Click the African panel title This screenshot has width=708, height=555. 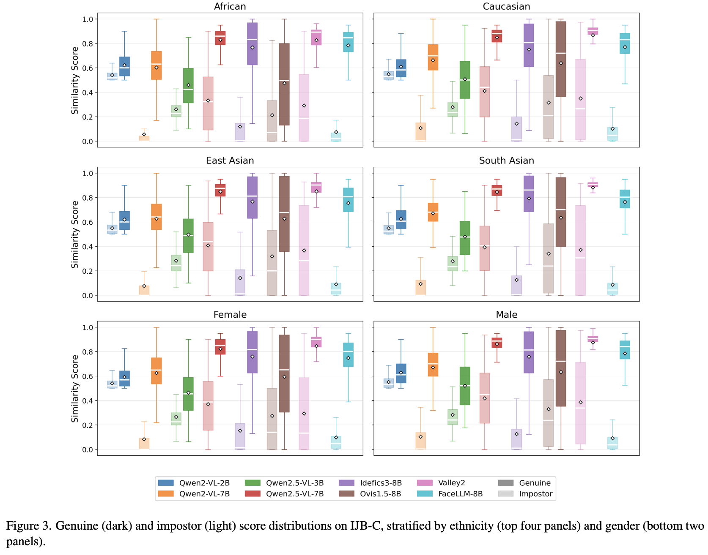[230, 6]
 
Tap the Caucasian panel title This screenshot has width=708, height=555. [506, 6]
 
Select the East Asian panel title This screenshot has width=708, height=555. [230, 161]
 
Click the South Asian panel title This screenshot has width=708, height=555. [506, 161]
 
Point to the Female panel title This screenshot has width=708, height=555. [230, 315]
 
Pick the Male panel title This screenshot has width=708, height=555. [506, 315]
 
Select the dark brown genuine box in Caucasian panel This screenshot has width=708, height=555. [561, 59]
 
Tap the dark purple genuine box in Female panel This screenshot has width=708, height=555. [252, 352]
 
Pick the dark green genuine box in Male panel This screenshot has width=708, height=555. [465, 386]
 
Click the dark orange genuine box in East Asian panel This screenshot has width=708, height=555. [156, 217]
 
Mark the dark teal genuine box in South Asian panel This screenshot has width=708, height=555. [625, 199]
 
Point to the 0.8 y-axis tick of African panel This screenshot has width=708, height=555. [88, 44]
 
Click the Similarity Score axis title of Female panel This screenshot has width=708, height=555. [75, 388]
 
